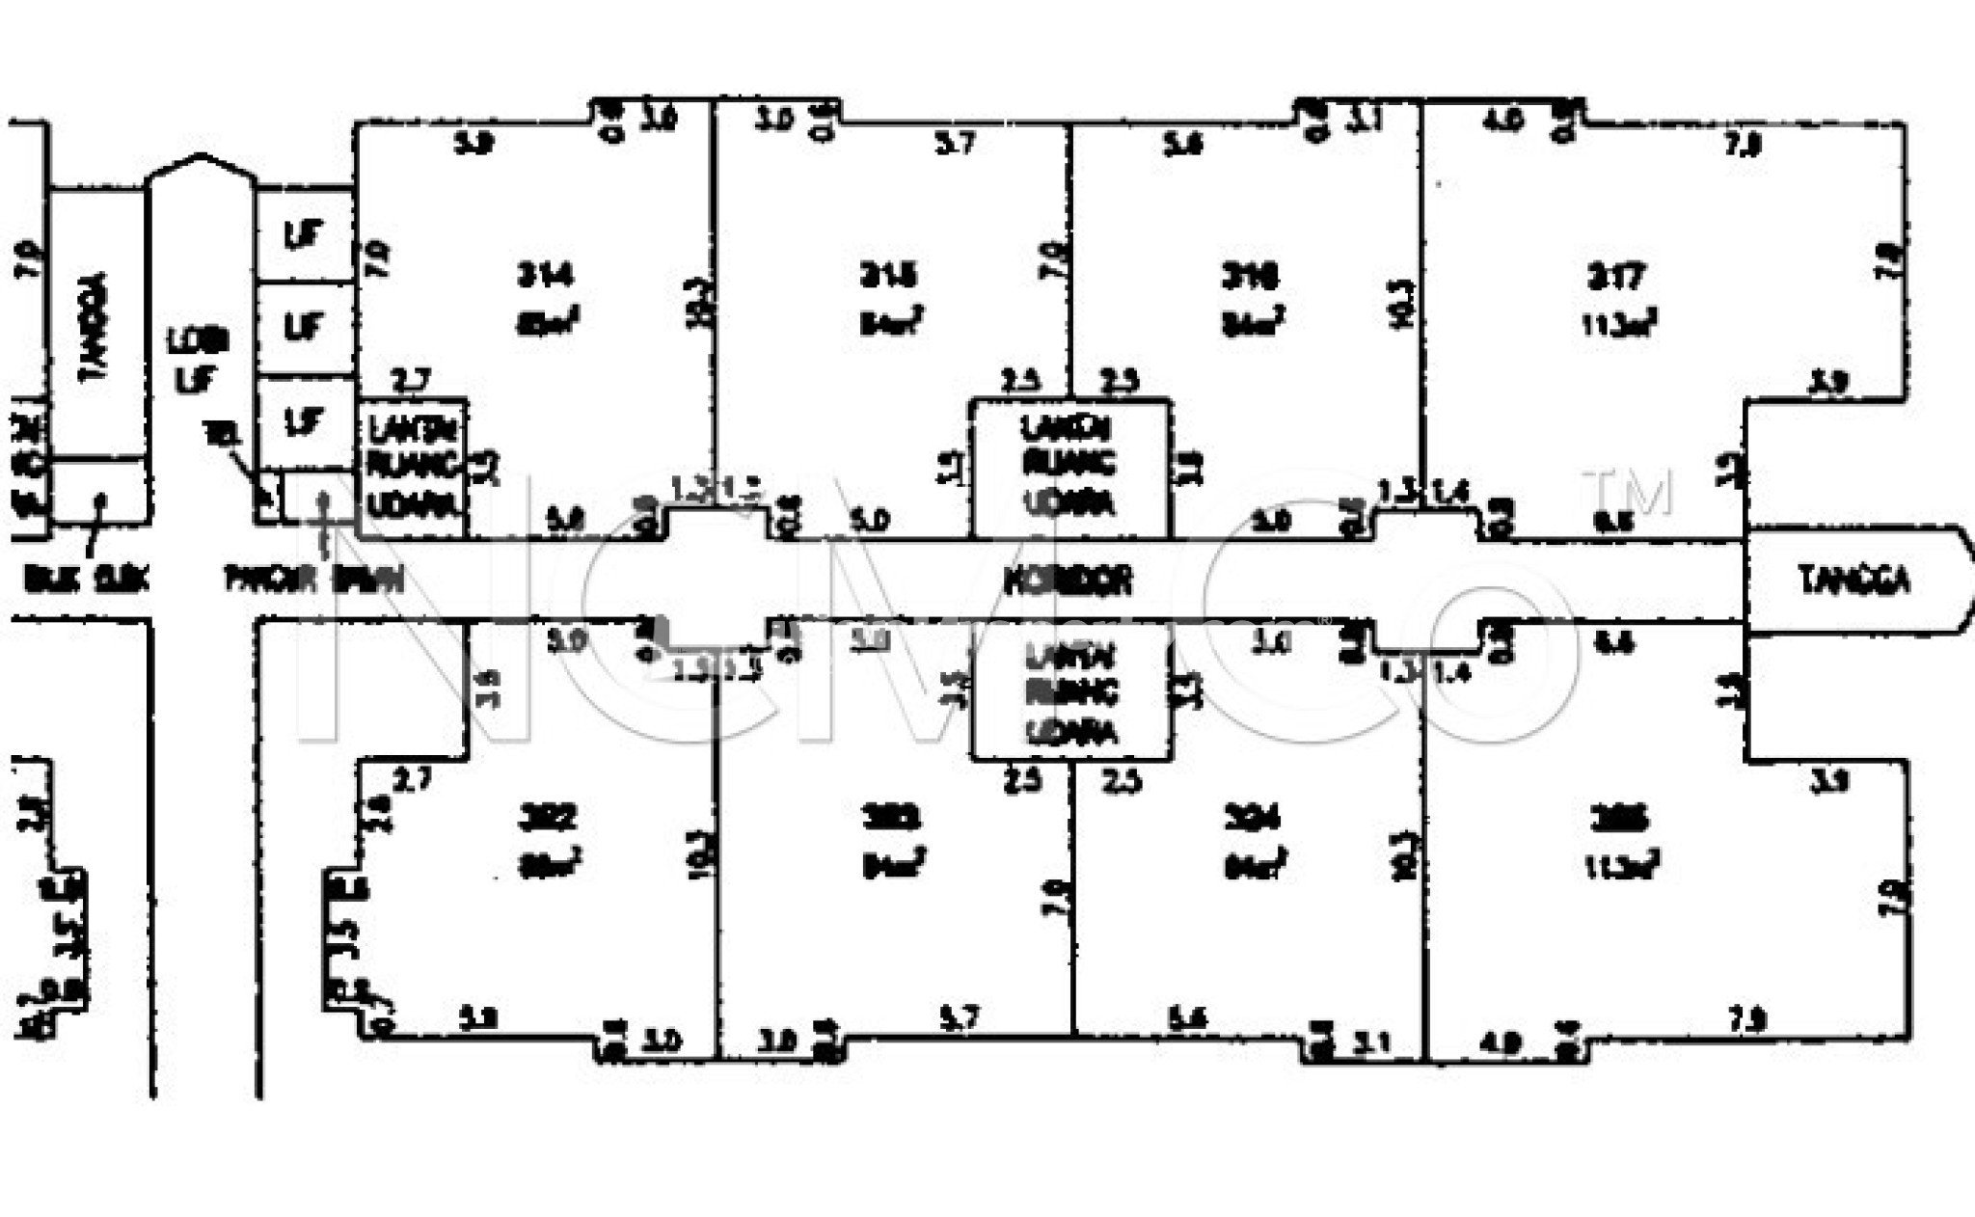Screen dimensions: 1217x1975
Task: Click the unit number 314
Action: click(x=545, y=277)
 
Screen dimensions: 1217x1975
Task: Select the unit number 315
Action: click(x=888, y=277)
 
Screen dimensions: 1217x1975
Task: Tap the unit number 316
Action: click(x=1250, y=278)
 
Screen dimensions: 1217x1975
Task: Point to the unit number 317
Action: click(x=1616, y=278)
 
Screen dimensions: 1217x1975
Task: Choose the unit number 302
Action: click(x=547, y=819)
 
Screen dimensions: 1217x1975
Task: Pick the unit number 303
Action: click(x=890, y=819)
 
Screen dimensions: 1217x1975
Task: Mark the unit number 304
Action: click(x=1251, y=819)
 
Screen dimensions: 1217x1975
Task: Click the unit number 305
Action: click(x=1619, y=819)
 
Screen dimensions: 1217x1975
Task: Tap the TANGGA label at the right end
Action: click(x=1853, y=581)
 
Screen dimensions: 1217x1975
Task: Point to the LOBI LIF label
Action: click(x=197, y=359)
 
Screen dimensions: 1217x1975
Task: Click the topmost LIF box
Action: click(x=304, y=234)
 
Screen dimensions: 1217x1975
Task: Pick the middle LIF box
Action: click(x=304, y=327)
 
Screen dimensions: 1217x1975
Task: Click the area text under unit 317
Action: click(x=1619, y=324)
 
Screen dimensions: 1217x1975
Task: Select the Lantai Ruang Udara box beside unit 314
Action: click(x=413, y=467)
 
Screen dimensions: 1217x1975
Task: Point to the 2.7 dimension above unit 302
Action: click(x=412, y=779)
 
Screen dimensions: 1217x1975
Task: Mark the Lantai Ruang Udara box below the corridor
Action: click(x=1070, y=692)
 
